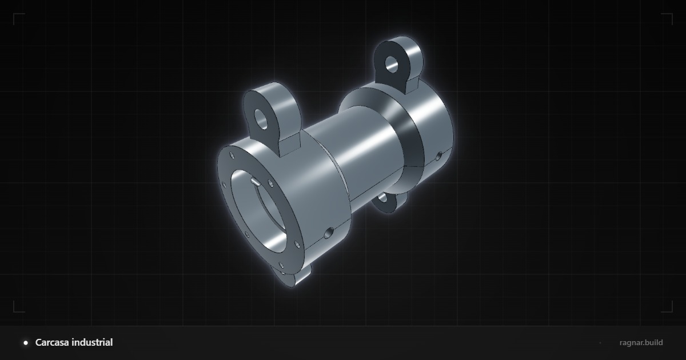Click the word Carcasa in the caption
52,342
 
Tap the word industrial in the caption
92,342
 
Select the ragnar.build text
641,342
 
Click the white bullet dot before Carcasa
26,343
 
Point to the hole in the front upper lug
261,119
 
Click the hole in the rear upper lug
392,64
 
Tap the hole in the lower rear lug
382,198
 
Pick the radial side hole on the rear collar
439,156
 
